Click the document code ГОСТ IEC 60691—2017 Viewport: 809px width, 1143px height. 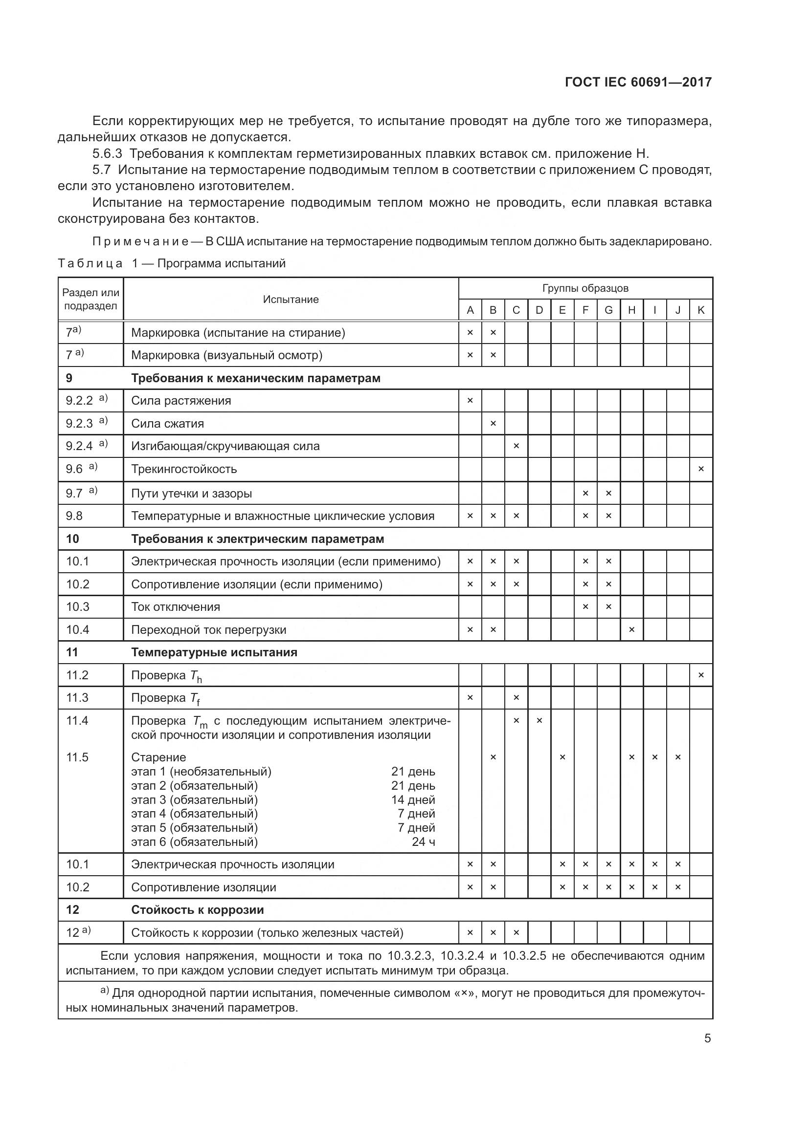click(x=638, y=82)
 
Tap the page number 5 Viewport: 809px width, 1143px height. click(x=707, y=1038)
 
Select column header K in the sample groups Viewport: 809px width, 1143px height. click(x=700, y=310)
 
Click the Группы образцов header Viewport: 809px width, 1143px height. click(x=585, y=288)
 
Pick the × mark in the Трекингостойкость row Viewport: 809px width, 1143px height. click(x=700, y=469)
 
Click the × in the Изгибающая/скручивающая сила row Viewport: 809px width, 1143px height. click(x=516, y=446)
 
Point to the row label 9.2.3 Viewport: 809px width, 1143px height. click(x=80, y=424)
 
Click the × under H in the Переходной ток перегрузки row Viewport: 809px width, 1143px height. click(x=631, y=630)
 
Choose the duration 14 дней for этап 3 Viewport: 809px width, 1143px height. click(x=413, y=800)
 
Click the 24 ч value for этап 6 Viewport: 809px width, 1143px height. click(x=424, y=842)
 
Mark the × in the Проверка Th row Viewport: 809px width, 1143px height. click(x=700, y=675)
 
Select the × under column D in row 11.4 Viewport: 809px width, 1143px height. click(x=539, y=721)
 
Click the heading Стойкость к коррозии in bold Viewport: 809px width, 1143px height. click(x=197, y=910)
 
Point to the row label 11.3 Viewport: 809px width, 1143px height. click(x=77, y=698)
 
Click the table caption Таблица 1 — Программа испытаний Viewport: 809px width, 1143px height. click(x=171, y=263)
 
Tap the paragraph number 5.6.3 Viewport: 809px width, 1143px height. click(x=107, y=153)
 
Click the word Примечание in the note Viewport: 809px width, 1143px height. click(x=140, y=242)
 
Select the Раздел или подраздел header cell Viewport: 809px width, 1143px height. click(x=90, y=299)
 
